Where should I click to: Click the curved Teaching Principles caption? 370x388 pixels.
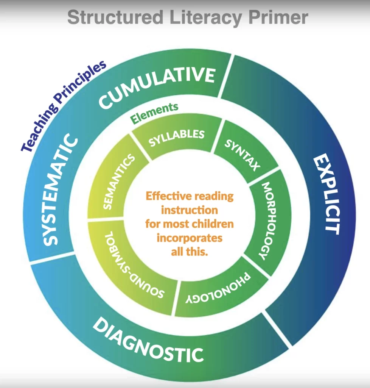tap(63, 106)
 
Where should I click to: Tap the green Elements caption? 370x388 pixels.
tap(154, 113)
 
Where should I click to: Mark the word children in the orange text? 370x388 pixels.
tap(212, 224)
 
